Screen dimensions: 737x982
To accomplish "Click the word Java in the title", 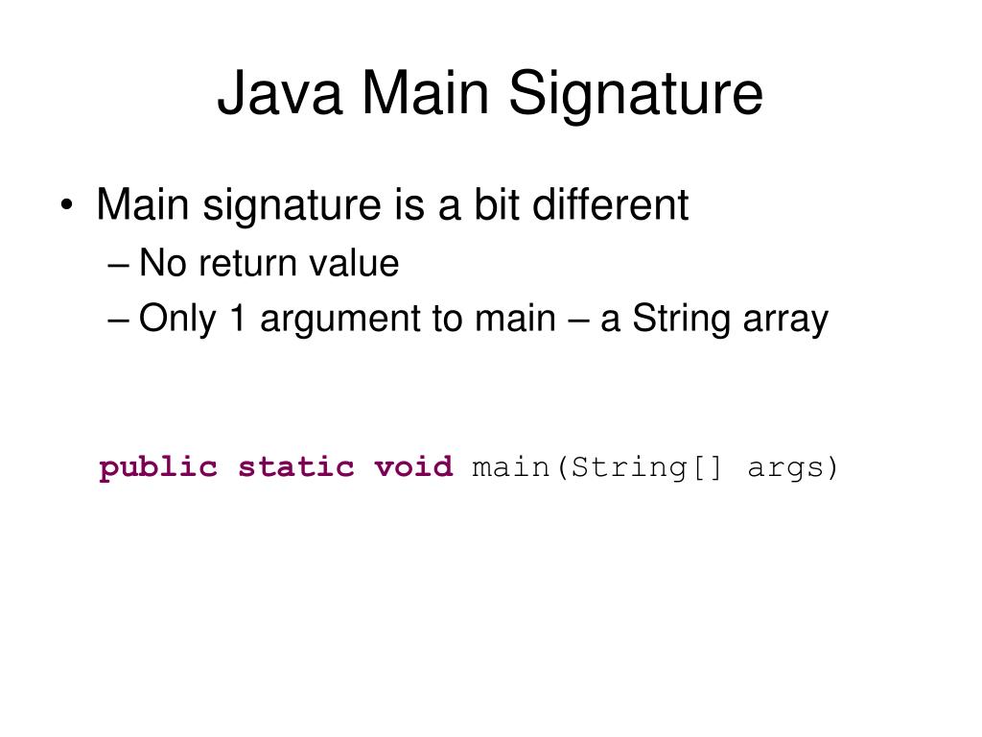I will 279,94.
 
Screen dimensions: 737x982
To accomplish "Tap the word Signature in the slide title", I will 635,94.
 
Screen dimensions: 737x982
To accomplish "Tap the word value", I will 354,263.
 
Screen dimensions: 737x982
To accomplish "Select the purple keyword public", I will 158,468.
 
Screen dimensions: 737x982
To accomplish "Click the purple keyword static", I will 295,467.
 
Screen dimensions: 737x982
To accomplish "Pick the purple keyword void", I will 412,467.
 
